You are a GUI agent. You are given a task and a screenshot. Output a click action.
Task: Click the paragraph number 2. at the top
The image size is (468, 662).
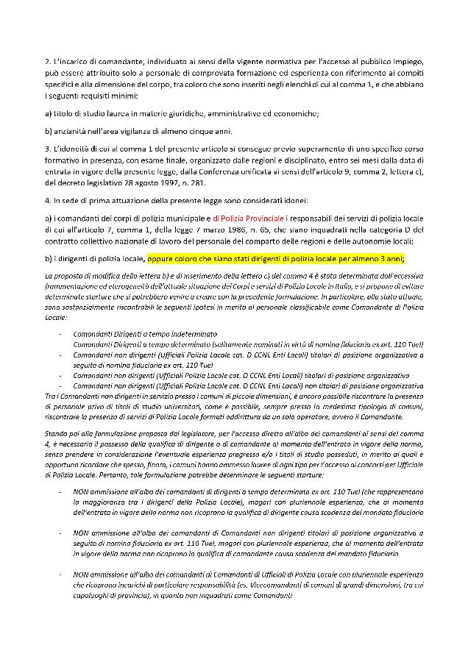(x=48, y=57)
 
